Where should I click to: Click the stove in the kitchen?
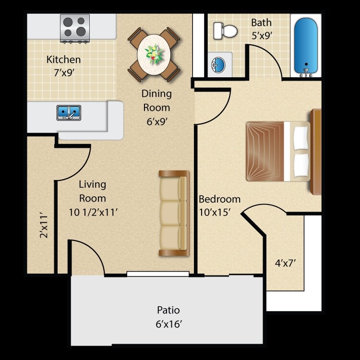click(x=74, y=27)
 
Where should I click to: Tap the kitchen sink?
click(x=69, y=113)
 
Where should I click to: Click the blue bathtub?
click(x=306, y=44)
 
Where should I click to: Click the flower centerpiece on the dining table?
click(x=154, y=54)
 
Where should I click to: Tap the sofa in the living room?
click(x=174, y=213)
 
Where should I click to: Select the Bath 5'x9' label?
click(x=261, y=29)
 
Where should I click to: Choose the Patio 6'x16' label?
click(x=168, y=317)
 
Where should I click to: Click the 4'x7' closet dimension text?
click(x=285, y=263)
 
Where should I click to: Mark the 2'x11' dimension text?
click(x=44, y=226)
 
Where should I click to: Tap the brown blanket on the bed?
click(x=265, y=151)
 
